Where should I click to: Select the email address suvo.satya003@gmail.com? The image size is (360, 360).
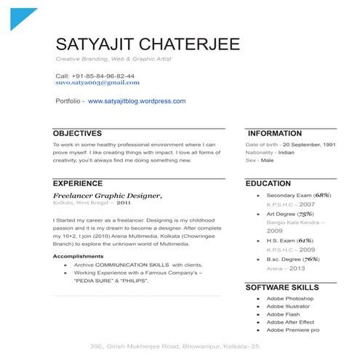point(97,83)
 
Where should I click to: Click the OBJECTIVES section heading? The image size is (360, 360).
point(77,134)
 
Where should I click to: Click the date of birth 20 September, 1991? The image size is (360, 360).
point(309,145)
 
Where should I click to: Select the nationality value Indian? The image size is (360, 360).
point(286,153)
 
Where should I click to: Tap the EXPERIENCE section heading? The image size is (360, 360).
point(78,184)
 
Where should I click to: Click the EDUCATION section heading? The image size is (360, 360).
point(269,184)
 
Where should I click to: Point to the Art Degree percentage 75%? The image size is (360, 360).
point(305,214)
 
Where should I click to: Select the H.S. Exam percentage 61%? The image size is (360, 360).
point(305,241)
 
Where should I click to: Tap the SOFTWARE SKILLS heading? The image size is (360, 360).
point(283,288)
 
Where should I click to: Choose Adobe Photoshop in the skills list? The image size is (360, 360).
point(289,299)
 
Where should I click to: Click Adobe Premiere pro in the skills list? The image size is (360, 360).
point(292,330)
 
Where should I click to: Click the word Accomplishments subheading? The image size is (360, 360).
point(78,257)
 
